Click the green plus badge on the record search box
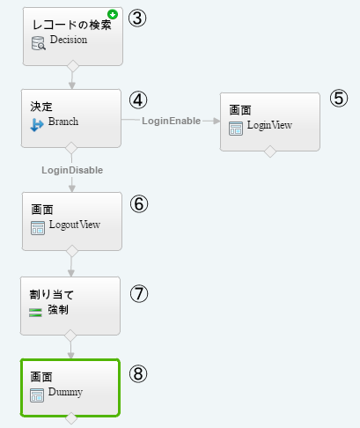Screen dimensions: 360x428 [x=113, y=14]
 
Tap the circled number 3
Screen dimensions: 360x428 [x=137, y=18]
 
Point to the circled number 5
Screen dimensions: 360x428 [x=339, y=98]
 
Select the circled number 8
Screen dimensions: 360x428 [x=138, y=373]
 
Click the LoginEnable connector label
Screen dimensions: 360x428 [x=172, y=121]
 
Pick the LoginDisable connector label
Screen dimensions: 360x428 [x=72, y=170]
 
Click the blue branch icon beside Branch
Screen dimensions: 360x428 [x=37, y=125]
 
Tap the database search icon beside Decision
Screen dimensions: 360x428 [x=39, y=43]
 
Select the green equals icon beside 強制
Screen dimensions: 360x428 [x=35, y=313]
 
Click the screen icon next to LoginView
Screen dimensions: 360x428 [x=236, y=129]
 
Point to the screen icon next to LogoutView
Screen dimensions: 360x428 [x=38, y=228]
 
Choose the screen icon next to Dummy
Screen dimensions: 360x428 [x=37, y=395]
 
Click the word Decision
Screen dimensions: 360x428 [x=69, y=40]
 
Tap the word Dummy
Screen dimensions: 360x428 [x=65, y=392]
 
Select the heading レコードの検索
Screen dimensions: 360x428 [x=72, y=25]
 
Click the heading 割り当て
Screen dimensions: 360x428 [x=52, y=294]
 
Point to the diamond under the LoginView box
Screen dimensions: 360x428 [x=270, y=151]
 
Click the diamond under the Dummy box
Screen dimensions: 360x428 [x=71, y=418]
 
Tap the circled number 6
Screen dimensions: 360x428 [x=139, y=204]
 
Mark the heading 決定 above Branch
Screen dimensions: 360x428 [x=41, y=107]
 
